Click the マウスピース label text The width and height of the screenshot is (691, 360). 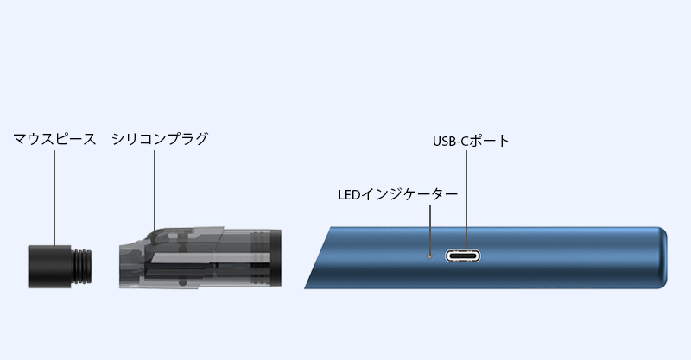54,139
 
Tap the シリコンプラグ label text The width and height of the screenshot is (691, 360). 160,139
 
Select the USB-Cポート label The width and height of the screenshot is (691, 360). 471,141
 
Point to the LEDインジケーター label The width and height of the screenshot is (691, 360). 398,195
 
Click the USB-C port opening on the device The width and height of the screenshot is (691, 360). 463,256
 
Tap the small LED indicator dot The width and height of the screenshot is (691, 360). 429,256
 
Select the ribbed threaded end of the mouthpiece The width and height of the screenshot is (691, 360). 82,267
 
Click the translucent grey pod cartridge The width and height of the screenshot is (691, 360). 200,258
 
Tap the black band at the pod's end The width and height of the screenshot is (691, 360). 276,258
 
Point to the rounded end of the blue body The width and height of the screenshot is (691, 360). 661,258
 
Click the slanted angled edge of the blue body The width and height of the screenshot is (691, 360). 317,258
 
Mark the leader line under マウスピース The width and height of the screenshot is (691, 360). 54,198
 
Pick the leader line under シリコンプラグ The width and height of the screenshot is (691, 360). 155,190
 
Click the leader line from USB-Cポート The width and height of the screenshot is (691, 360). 466,200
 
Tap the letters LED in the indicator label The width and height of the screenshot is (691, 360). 349,195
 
